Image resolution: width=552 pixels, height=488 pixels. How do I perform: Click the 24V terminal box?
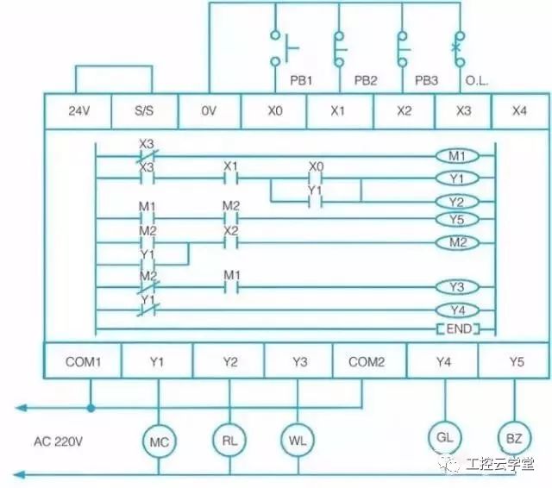click(78, 111)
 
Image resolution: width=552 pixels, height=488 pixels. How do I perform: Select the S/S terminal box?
click(144, 111)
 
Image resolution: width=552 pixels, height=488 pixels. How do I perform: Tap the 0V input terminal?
click(210, 111)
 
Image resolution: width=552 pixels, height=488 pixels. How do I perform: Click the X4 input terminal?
click(519, 111)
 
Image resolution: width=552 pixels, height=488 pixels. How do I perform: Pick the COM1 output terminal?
click(83, 361)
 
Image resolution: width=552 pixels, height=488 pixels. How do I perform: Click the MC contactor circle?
click(159, 441)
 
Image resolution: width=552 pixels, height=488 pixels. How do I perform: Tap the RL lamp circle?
click(229, 440)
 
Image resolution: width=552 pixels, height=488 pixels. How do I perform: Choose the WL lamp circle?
click(298, 440)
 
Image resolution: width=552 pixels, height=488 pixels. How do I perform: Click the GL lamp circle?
click(445, 437)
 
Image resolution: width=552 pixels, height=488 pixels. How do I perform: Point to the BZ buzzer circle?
click(514, 438)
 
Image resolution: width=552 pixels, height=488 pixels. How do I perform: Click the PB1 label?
click(301, 80)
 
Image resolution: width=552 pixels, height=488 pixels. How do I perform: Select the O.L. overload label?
click(477, 81)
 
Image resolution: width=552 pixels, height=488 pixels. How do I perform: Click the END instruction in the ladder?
click(458, 329)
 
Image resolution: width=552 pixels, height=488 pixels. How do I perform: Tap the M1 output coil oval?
click(457, 156)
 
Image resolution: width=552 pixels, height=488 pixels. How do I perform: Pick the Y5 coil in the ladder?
click(457, 220)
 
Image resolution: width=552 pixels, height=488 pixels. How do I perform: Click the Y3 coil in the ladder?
click(457, 287)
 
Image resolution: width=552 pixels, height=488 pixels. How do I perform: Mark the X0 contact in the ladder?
click(316, 178)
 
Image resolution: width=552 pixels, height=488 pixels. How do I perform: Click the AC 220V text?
click(58, 441)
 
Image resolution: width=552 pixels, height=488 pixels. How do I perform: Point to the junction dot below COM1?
click(91, 408)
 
